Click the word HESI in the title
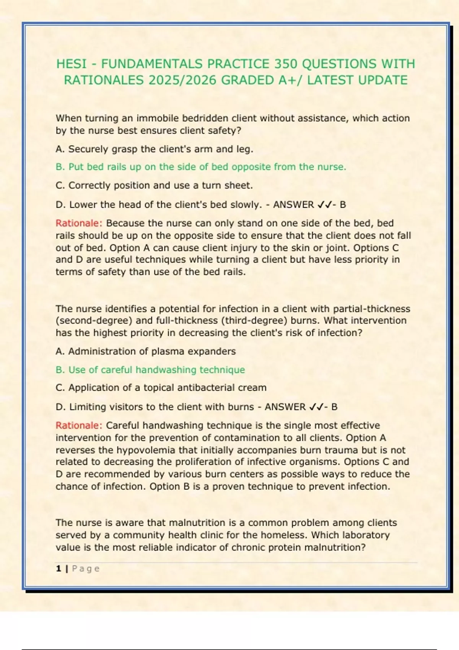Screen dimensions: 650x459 (x=71, y=64)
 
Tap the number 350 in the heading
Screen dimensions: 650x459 (x=287, y=64)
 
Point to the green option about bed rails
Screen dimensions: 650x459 (x=201, y=167)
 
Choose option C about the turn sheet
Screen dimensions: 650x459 (x=154, y=185)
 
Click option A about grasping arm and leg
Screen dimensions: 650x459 (x=154, y=149)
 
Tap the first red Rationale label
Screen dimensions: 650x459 (x=79, y=223)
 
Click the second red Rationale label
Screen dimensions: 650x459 (x=79, y=426)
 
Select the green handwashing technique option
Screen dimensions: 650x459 (x=150, y=370)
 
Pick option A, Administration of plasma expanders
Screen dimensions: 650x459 (x=145, y=351)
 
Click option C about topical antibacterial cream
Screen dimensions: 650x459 (x=161, y=388)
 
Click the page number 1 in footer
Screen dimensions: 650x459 (x=59, y=569)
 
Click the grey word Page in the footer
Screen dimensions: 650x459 (x=86, y=569)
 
